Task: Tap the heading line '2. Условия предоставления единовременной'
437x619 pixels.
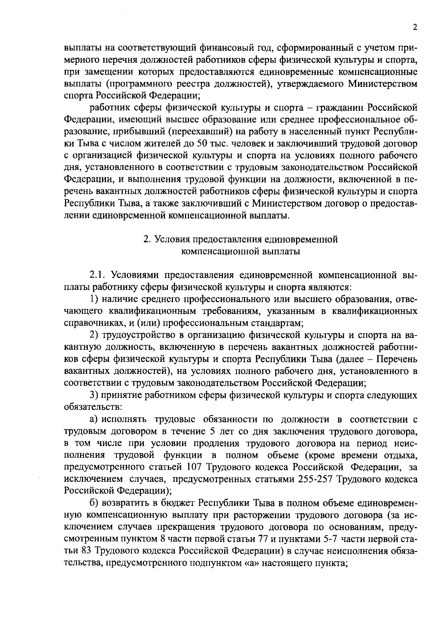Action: (241, 239)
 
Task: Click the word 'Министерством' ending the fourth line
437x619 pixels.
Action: (383, 84)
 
